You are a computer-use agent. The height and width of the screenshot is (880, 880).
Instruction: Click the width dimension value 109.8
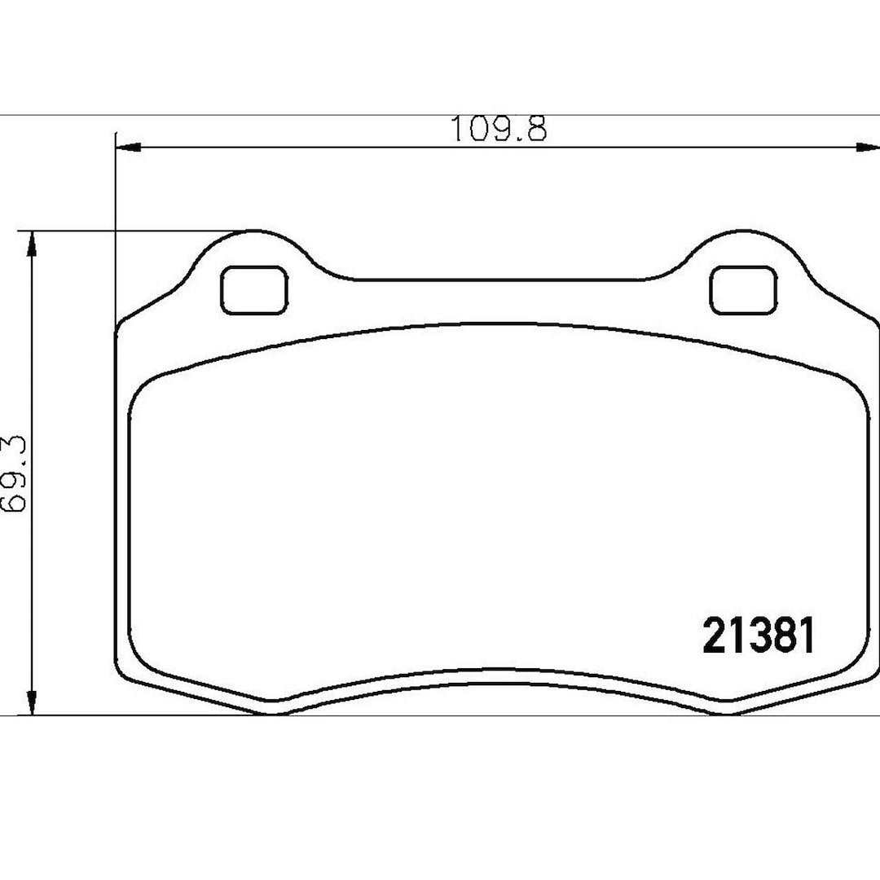(499, 129)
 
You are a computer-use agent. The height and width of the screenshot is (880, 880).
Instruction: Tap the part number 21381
(759, 635)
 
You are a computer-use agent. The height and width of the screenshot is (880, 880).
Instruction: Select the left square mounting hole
(255, 290)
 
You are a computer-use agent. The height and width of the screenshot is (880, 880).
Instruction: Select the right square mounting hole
(744, 290)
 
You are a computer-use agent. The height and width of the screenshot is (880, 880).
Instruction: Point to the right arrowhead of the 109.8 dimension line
(867, 147)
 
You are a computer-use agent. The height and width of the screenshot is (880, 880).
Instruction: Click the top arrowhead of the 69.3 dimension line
(33, 244)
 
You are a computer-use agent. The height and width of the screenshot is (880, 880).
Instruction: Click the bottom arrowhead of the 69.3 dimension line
(33, 702)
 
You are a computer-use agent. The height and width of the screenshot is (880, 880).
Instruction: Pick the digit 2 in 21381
(715, 635)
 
